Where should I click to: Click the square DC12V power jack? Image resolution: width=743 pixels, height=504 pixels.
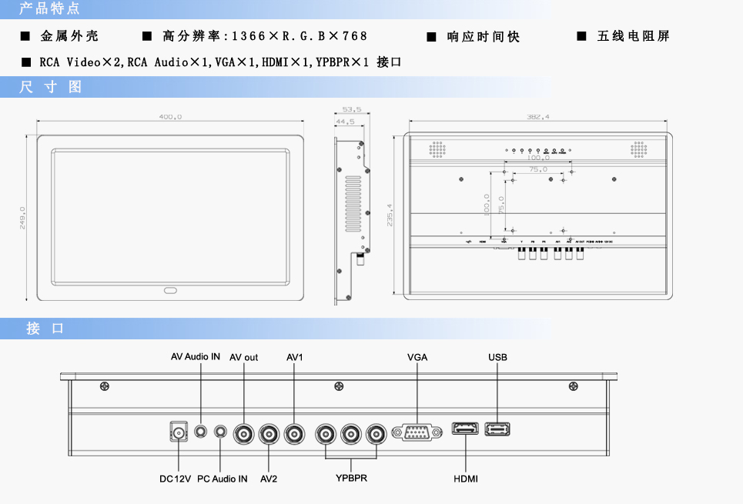click(x=179, y=432)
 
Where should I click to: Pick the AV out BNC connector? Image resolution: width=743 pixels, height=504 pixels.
click(x=246, y=434)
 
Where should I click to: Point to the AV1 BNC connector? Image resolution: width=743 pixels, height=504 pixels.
click(x=294, y=434)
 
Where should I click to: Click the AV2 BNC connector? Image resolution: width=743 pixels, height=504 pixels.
click(x=269, y=434)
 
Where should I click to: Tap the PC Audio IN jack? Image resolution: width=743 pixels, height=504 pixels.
click(x=222, y=432)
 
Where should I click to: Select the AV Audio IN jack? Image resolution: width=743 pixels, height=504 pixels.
click(x=202, y=432)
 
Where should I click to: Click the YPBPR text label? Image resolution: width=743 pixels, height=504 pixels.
click(x=351, y=479)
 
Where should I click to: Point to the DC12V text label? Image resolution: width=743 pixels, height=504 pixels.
click(x=175, y=479)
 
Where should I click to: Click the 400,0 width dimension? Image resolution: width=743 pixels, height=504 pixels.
click(x=170, y=117)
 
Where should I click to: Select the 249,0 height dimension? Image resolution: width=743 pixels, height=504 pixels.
click(x=23, y=218)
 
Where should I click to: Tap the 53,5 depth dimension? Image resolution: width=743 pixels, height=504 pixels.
click(x=352, y=109)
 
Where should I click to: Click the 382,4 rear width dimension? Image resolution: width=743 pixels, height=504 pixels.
click(x=537, y=117)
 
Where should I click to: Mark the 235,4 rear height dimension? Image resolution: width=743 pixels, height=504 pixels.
click(x=390, y=215)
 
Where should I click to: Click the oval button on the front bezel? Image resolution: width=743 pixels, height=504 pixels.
click(x=170, y=291)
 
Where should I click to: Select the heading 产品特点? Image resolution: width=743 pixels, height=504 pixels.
click(x=49, y=9)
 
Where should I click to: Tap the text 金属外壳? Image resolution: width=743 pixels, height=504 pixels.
click(x=69, y=36)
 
